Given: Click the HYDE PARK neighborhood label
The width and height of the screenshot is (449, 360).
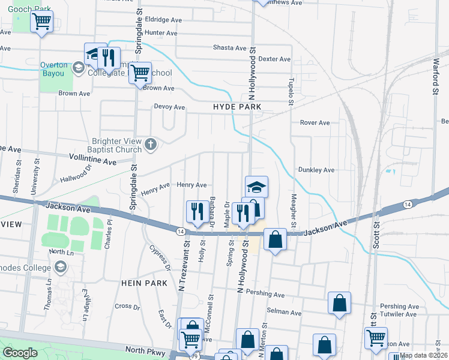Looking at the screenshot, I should click(x=237, y=107).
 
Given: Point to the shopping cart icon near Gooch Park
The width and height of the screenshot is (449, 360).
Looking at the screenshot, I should click(x=41, y=22).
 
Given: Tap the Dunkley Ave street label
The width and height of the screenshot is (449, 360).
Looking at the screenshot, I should click(x=316, y=170).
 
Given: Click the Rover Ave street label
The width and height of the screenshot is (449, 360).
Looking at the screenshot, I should click(x=315, y=123).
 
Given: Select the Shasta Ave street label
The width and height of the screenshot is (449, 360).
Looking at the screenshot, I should click(x=230, y=48).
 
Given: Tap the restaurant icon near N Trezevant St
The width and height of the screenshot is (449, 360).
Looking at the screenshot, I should click(x=197, y=211).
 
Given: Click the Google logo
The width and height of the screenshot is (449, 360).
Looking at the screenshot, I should click(x=20, y=353).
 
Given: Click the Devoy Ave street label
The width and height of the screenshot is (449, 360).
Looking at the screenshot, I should click(x=170, y=107).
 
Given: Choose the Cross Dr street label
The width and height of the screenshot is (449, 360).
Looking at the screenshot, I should click(x=127, y=306).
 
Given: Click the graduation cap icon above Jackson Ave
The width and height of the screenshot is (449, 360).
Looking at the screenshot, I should click(x=256, y=187).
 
